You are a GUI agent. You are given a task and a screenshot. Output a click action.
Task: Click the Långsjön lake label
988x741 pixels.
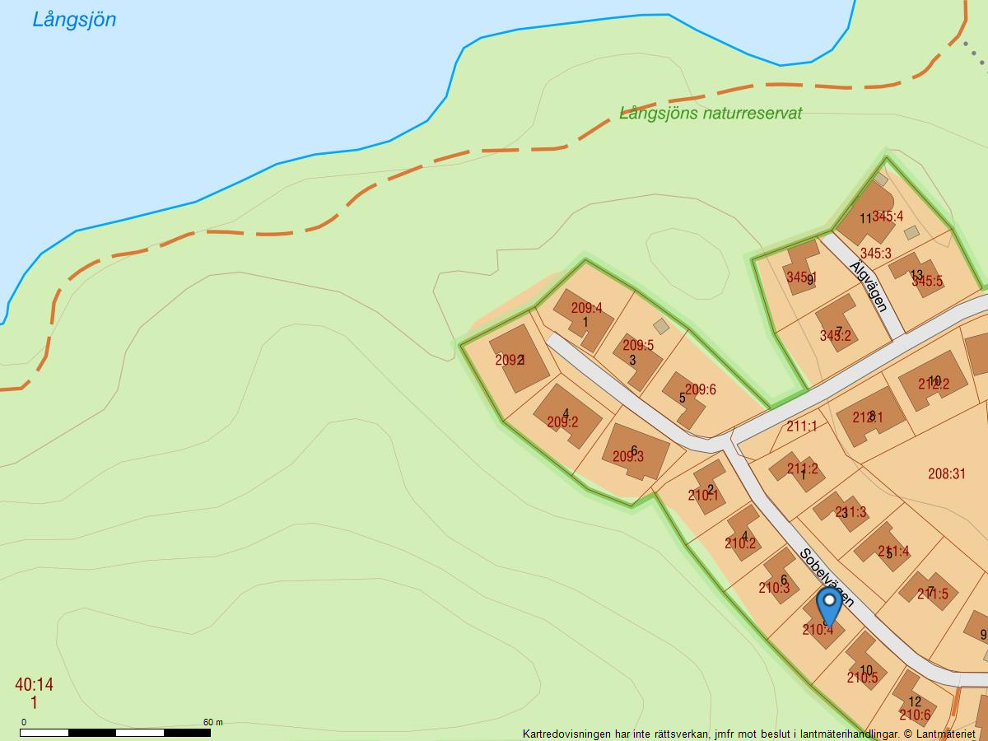tap(74, 20)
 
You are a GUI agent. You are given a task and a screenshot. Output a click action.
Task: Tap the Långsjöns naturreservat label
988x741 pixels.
tap(711, 114)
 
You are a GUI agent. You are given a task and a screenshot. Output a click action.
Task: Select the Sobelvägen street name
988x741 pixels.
tap(826, 577)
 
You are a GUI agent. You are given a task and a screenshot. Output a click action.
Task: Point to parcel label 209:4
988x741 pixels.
tap(587, 309)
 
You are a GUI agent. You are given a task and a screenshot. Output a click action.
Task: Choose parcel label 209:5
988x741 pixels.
tap(638, 346)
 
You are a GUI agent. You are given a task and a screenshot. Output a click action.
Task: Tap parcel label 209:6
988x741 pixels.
tap(701, 390)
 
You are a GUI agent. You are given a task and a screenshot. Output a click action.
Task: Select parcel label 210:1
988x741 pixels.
tap(703, 496)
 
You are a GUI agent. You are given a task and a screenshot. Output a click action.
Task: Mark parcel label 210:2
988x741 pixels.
tap(740, 543)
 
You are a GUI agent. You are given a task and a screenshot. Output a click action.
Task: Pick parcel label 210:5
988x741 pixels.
tap(862, 678)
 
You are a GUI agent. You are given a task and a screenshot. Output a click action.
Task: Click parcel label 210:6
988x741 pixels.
tap(915, 715)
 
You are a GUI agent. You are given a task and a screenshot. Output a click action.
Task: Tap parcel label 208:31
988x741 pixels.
tap(947, 473)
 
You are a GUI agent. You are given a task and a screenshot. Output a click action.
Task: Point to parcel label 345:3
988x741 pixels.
tap(875, 254)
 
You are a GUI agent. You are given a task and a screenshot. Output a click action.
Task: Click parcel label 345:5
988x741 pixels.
tap(927, 282)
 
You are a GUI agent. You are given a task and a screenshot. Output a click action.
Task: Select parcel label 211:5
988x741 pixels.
tap(933, 594)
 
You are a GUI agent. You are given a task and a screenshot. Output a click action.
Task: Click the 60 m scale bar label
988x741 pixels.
tap(213, 722)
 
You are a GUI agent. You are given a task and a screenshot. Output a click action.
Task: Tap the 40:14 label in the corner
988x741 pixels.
tap(34, 685)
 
